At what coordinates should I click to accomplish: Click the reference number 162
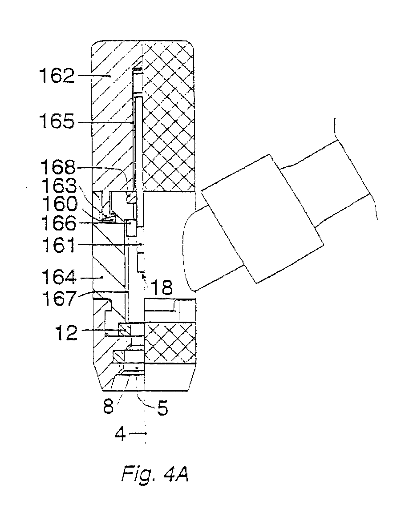pos(57,76)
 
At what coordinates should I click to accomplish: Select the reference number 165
pos(57,122)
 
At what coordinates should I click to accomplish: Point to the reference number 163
pos(58,186)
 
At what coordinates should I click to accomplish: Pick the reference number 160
pos(60,204)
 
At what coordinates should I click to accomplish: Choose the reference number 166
pos(58,223)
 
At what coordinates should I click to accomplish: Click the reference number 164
pos(58,278)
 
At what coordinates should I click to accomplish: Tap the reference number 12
pos(67,332)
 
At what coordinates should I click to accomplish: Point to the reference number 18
pos(162,287)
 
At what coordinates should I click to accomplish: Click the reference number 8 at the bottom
pos(109,406)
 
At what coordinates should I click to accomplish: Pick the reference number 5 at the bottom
pos(162,408)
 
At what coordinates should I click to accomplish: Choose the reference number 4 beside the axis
pos(120,434)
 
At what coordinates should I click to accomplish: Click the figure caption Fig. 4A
pos(155,474)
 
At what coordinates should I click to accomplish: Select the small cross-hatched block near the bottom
pos(170,342)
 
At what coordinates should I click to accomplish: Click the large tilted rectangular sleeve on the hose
pos(262,218)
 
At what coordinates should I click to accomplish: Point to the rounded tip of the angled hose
pos(188,250)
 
